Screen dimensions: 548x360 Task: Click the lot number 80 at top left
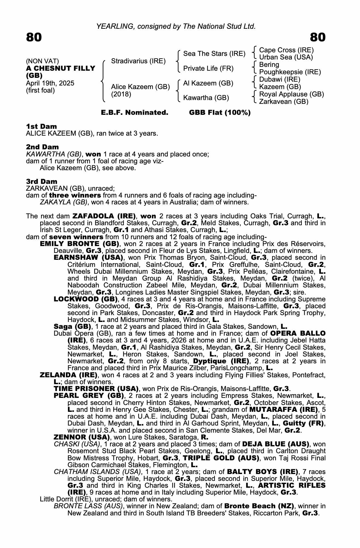tap(34, 37)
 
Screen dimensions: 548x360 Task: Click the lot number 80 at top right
tap(318, 37)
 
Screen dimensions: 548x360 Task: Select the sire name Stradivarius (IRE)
tap(138, 61)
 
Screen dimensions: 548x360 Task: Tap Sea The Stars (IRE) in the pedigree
tap(214, 54)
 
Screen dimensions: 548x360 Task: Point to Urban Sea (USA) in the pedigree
tap(286, 57)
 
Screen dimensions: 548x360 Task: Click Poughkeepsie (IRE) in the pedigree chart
tap(290, 72)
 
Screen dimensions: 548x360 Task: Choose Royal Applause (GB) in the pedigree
tap(291, 94)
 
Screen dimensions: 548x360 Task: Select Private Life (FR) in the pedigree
tap(208, 68)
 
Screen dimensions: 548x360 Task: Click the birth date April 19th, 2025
tap(50, 83)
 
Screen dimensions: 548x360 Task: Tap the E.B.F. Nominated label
tap(134, 113)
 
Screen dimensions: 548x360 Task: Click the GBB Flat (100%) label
tap(220, 113)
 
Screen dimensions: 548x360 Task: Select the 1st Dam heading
tap(42, 127)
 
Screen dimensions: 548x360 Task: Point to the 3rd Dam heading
tap(42, 181)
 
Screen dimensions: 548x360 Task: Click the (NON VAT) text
tap(42, 61)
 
